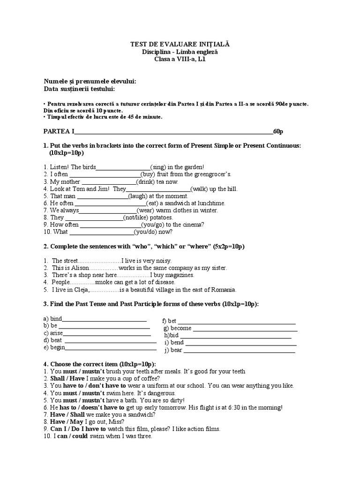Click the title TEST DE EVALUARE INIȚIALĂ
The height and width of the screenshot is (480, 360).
180,44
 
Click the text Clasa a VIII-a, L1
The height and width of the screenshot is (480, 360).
180,59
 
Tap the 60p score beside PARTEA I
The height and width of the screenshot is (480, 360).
278,131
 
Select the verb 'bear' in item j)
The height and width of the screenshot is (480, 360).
177,350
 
